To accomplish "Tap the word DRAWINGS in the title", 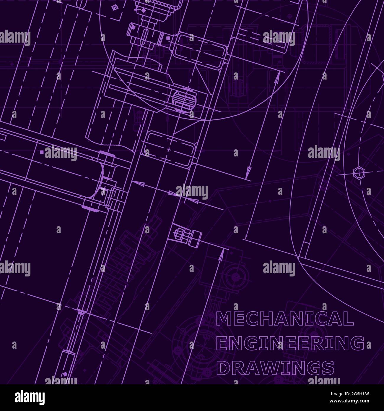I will tap(275, 368).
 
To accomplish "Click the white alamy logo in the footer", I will tap(30, 398).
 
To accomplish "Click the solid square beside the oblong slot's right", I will tap(168, 38).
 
